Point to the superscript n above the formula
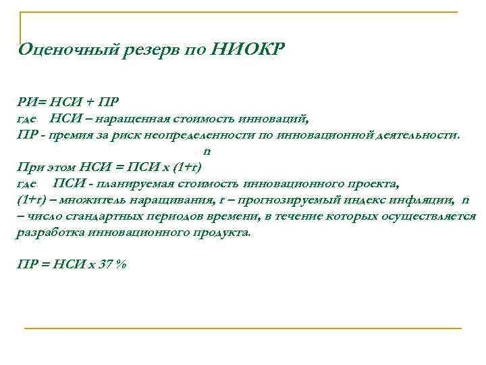(x=207, y=151)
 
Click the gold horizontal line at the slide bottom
(x=243, y=328)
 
